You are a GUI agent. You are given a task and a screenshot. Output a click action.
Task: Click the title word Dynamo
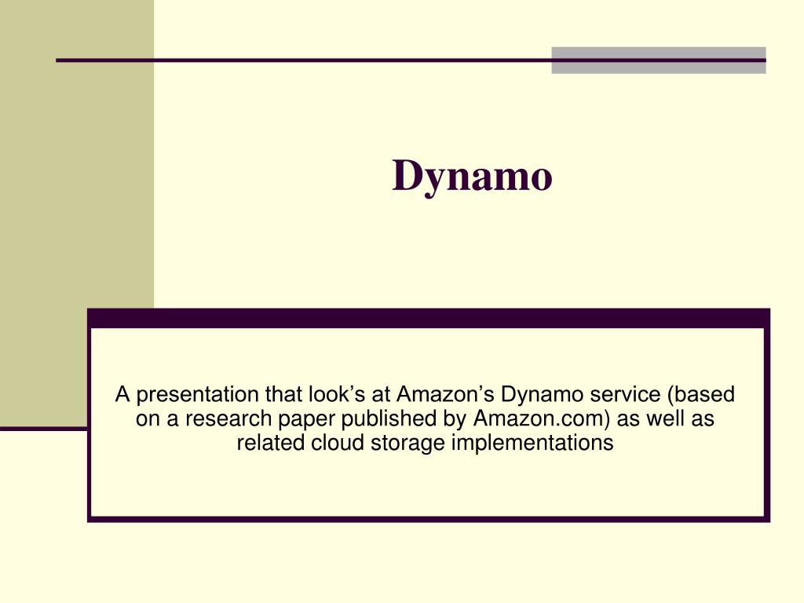(473, 176)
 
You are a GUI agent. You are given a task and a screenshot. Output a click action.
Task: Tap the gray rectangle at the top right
(658, 60)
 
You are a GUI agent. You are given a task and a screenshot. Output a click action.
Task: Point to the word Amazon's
(446, 393)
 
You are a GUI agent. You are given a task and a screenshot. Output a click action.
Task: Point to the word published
(385, 418)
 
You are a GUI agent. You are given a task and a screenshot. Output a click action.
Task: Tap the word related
(271, 443)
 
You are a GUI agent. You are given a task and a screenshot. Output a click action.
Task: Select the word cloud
(338, 443)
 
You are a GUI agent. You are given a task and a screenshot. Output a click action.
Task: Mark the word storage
(408, 443)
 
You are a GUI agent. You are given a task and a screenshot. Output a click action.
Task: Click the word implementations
(532, 443)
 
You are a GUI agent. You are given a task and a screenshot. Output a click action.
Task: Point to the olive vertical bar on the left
(77, 212)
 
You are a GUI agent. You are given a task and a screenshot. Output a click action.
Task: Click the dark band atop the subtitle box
(429, 318)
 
